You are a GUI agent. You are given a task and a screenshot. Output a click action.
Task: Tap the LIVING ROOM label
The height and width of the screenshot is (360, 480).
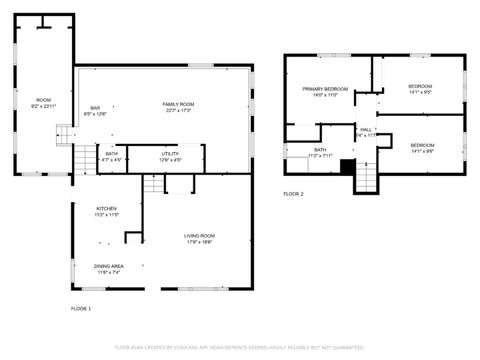199,235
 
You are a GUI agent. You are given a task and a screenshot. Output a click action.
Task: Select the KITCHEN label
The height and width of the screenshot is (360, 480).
107,208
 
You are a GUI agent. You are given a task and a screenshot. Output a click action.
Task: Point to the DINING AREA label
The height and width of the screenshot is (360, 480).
108,265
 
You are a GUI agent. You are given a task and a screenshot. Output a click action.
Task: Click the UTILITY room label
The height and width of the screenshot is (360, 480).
170,154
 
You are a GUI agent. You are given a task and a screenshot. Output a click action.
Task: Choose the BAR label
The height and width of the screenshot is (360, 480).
95,108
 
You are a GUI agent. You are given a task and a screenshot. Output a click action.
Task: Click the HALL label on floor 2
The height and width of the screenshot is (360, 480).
366,129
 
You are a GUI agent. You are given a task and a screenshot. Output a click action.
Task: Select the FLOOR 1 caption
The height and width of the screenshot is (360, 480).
81,308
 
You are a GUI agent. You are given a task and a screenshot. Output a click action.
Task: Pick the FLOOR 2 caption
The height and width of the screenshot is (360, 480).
293,193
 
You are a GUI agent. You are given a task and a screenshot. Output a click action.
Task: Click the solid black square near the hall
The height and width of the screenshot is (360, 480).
347,166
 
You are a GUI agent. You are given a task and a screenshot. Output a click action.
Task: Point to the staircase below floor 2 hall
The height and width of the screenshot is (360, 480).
367,178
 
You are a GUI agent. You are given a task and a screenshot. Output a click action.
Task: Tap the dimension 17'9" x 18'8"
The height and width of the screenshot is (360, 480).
199,241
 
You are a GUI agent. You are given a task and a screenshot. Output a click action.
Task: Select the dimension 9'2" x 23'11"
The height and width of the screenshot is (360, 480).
44,105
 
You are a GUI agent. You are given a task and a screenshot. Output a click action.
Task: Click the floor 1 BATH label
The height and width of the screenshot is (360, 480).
112,154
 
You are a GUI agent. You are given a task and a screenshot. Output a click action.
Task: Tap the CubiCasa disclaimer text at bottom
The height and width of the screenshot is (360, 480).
239,347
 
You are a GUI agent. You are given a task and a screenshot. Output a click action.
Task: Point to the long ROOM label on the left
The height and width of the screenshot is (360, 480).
44,99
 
